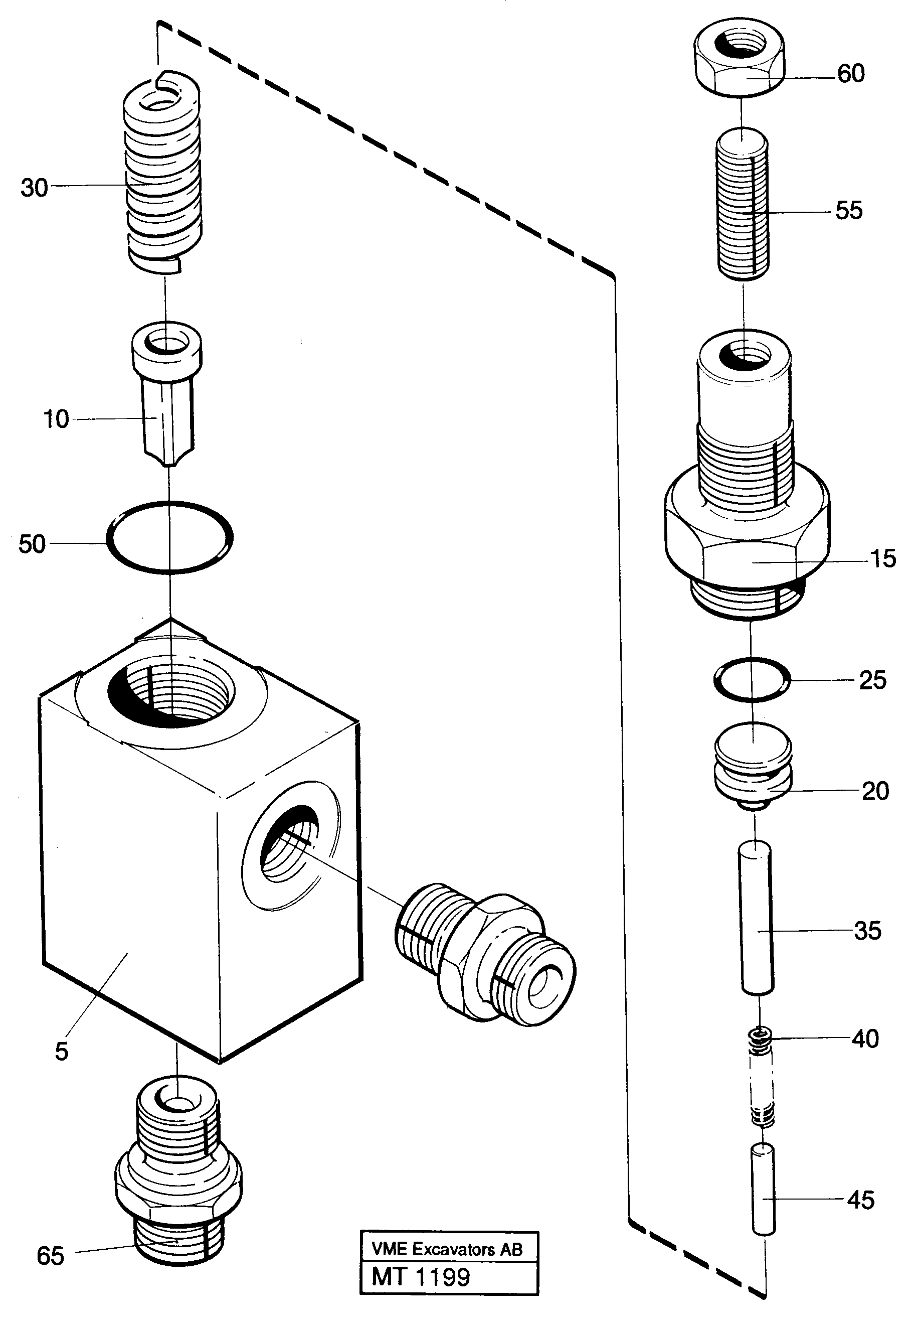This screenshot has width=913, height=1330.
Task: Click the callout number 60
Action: point(851,73)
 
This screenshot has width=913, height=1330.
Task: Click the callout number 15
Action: point(883,558)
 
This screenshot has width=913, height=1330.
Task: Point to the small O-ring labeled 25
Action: point(752,679)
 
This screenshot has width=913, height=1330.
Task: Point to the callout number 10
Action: point(56,419)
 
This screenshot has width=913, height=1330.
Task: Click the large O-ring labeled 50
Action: point(169,537)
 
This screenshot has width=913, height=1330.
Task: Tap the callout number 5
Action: point(62,1051)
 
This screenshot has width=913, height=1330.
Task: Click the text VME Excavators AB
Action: point(447,1249)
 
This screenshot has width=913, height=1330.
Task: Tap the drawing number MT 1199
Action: point(421,1277)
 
